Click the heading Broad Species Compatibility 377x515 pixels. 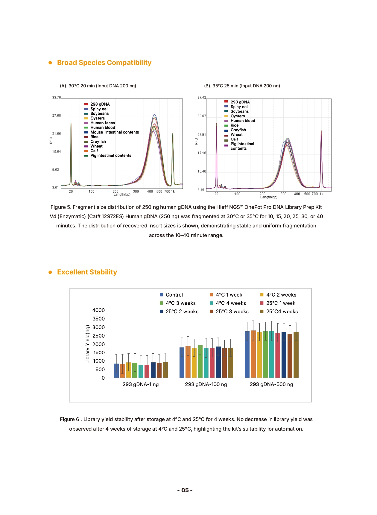coord(104,63)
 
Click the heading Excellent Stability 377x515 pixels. coord(87,272)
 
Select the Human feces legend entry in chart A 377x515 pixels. coord(102,123)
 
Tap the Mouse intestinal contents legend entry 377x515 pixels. coord(114,132)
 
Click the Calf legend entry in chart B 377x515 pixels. coord(234,139)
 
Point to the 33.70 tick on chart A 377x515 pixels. coord(56,98)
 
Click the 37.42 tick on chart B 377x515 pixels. coord(202,98)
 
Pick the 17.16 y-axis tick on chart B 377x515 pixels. coord(202,153)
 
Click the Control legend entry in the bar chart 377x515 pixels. coord(174,295)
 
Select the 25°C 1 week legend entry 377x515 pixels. coord(280,303)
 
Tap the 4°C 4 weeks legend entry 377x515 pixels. coord(231,303)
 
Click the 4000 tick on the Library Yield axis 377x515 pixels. coord(98,310)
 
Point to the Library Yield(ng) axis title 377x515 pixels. coord(87,344)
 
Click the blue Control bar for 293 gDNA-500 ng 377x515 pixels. coord(247,354)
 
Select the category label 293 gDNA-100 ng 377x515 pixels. coord(206,384)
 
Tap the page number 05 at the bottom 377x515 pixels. coord(185,490)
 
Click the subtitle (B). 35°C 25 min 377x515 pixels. coord(242,86)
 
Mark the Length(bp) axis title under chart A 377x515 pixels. coord(122,195)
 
